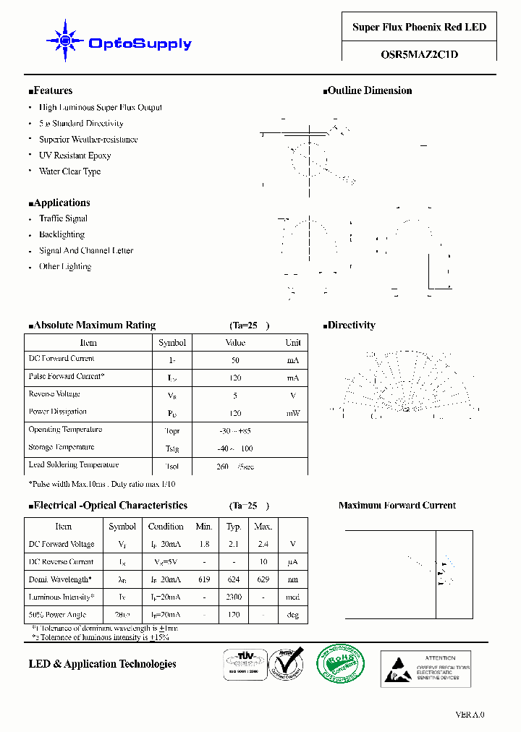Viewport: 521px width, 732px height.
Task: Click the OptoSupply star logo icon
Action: pos(64,41)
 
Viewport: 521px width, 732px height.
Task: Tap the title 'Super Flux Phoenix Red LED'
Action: pos(419,27)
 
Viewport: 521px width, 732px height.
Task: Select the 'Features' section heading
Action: pos(51,91)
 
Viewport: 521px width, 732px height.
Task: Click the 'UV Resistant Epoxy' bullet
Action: pos(75,156)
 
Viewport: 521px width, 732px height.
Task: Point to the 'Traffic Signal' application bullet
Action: pos(63,218)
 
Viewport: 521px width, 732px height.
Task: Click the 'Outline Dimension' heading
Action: pos(368,91)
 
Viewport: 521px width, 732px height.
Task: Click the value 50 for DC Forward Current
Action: pos(235,360)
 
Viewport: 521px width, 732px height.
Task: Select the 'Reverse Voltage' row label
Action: pos(54,394)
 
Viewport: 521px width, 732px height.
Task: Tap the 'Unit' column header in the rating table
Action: pos(292,343)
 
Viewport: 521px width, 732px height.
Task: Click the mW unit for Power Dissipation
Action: pos(292,413)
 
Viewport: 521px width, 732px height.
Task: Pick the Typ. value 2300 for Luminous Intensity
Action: pos(234,597)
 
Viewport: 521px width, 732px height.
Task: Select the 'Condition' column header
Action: pos(166,527)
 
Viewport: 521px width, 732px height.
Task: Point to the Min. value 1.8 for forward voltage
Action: pos(204,545)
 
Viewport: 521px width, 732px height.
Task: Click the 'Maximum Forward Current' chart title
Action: pos(397,506)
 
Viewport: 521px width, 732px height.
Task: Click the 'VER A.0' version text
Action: pos(470,715)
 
